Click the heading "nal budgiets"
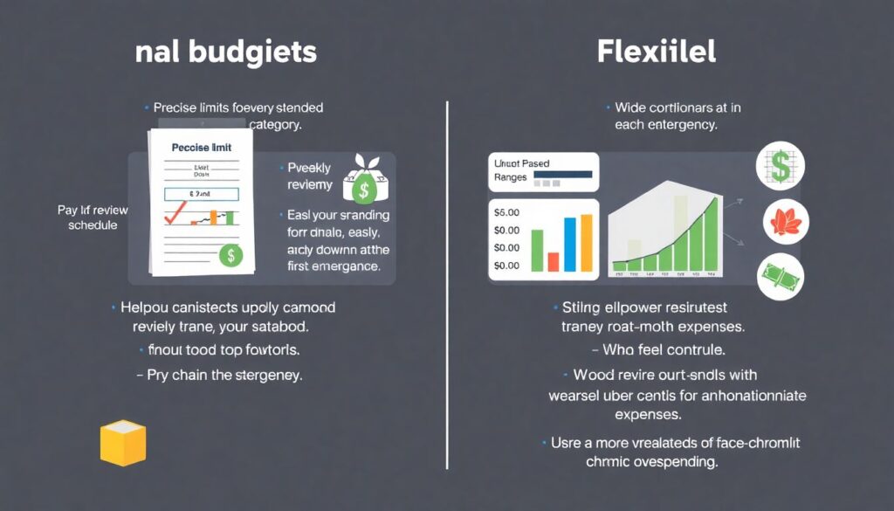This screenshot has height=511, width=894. [226, 52]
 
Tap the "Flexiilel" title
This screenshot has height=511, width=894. [657, 52]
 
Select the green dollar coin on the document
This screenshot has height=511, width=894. [230, 254]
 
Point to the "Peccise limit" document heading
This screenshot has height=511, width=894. [202, 148]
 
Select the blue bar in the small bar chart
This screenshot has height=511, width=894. [569, 244]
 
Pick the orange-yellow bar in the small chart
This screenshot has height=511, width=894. [585, 242]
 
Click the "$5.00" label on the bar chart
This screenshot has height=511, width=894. [506, 212]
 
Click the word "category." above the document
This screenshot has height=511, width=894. [275, 124]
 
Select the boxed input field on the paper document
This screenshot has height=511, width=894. [202, 192]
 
